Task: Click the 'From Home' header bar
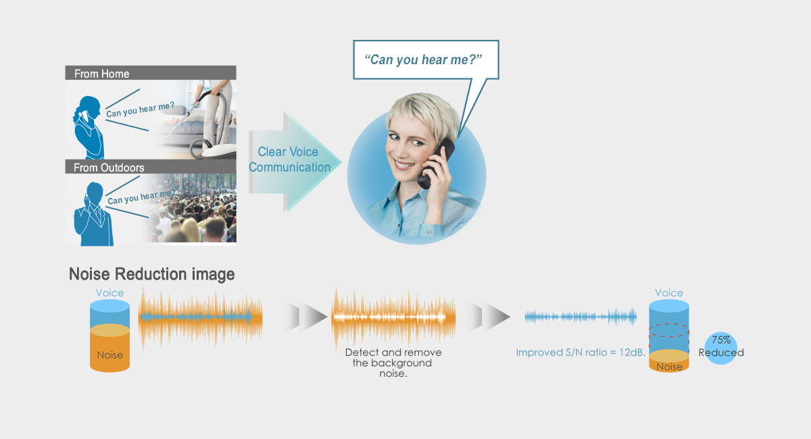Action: [150, 73]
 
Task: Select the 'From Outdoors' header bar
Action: [150, 167]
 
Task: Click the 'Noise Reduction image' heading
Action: [152, 274]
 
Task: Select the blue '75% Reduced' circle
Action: [720, 348]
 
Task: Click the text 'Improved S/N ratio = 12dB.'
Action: [580, 353]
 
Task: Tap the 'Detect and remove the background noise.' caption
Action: [393, 363]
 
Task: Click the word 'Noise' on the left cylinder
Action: [109, 355]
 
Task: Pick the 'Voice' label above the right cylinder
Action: [669, 293]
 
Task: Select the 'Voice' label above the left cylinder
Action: [109, 293]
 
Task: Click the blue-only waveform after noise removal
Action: [581, 316]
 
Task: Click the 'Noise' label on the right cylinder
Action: [669, 367]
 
